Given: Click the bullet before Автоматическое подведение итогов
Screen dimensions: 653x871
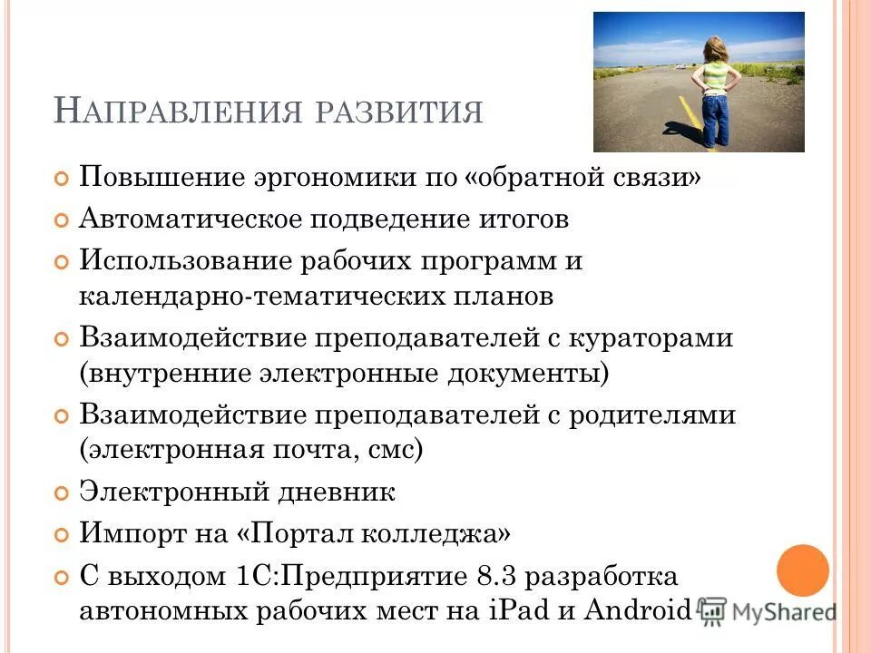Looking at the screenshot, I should pyautogui.click(x=62, y=220).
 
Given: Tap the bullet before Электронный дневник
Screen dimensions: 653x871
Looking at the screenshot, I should pyautogui.click(x=62, y=493).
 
